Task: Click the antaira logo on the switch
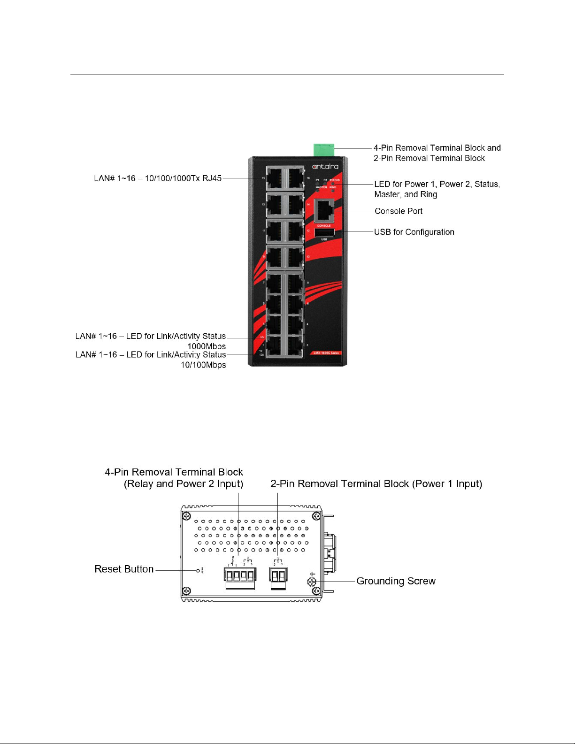click(x=325, y=166)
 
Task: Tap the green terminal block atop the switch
click(x=324, y=150)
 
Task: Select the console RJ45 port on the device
click(x=324, y=210)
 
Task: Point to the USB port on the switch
click(x=324, y=233)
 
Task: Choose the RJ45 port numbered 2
click(x=295, y=345)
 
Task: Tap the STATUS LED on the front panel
click(x=333, y=184)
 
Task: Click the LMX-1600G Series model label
click(x=327, y=353)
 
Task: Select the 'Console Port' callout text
click(x=399, y=211)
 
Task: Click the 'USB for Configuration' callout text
click(x=414, y=232)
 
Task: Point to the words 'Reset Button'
click(x=124, y=569)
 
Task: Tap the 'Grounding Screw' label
click(x=396, y=581)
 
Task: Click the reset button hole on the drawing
click(x=198, y=570)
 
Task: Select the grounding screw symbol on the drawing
click(x=312, y=582)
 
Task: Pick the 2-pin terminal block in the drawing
click(x=279, y=575)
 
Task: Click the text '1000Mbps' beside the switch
click(x=207, y=346)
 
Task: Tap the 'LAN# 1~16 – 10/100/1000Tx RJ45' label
click(x=158, y=178)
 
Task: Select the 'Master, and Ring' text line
click(x=406, y=194)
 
